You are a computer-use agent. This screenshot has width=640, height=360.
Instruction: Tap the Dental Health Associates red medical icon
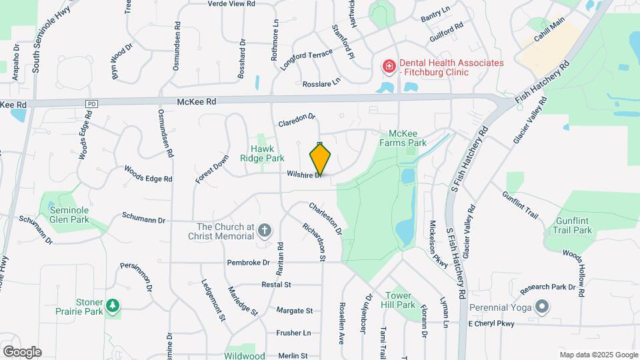point(388,67)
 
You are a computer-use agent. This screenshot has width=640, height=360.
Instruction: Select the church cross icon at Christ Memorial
point(265,231)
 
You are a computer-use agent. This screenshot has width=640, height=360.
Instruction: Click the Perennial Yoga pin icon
point(542,307)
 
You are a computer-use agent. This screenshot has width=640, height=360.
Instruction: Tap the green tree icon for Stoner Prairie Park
point(113,305)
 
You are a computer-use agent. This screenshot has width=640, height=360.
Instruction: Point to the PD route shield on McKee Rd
point(92,104)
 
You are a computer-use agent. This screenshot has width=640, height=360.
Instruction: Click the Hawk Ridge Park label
point(267,153)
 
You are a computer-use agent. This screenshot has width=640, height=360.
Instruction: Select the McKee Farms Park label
point(403,138)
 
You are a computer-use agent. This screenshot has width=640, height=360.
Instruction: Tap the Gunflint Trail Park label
point(571,225)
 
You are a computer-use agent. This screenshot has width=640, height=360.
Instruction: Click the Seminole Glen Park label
point(69,215)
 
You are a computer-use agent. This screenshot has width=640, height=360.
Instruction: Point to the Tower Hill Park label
point(400,300)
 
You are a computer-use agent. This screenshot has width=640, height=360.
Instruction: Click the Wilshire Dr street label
point(305,175)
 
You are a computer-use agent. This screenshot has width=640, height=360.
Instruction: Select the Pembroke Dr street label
point(247,263)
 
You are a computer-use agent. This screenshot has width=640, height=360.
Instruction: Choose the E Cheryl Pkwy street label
point(491,324)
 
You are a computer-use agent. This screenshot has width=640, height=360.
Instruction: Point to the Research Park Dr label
point(547,287)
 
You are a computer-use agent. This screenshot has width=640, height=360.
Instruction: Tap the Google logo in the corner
point(22,352)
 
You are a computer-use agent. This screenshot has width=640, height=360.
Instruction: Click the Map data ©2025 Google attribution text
point(598,355)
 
